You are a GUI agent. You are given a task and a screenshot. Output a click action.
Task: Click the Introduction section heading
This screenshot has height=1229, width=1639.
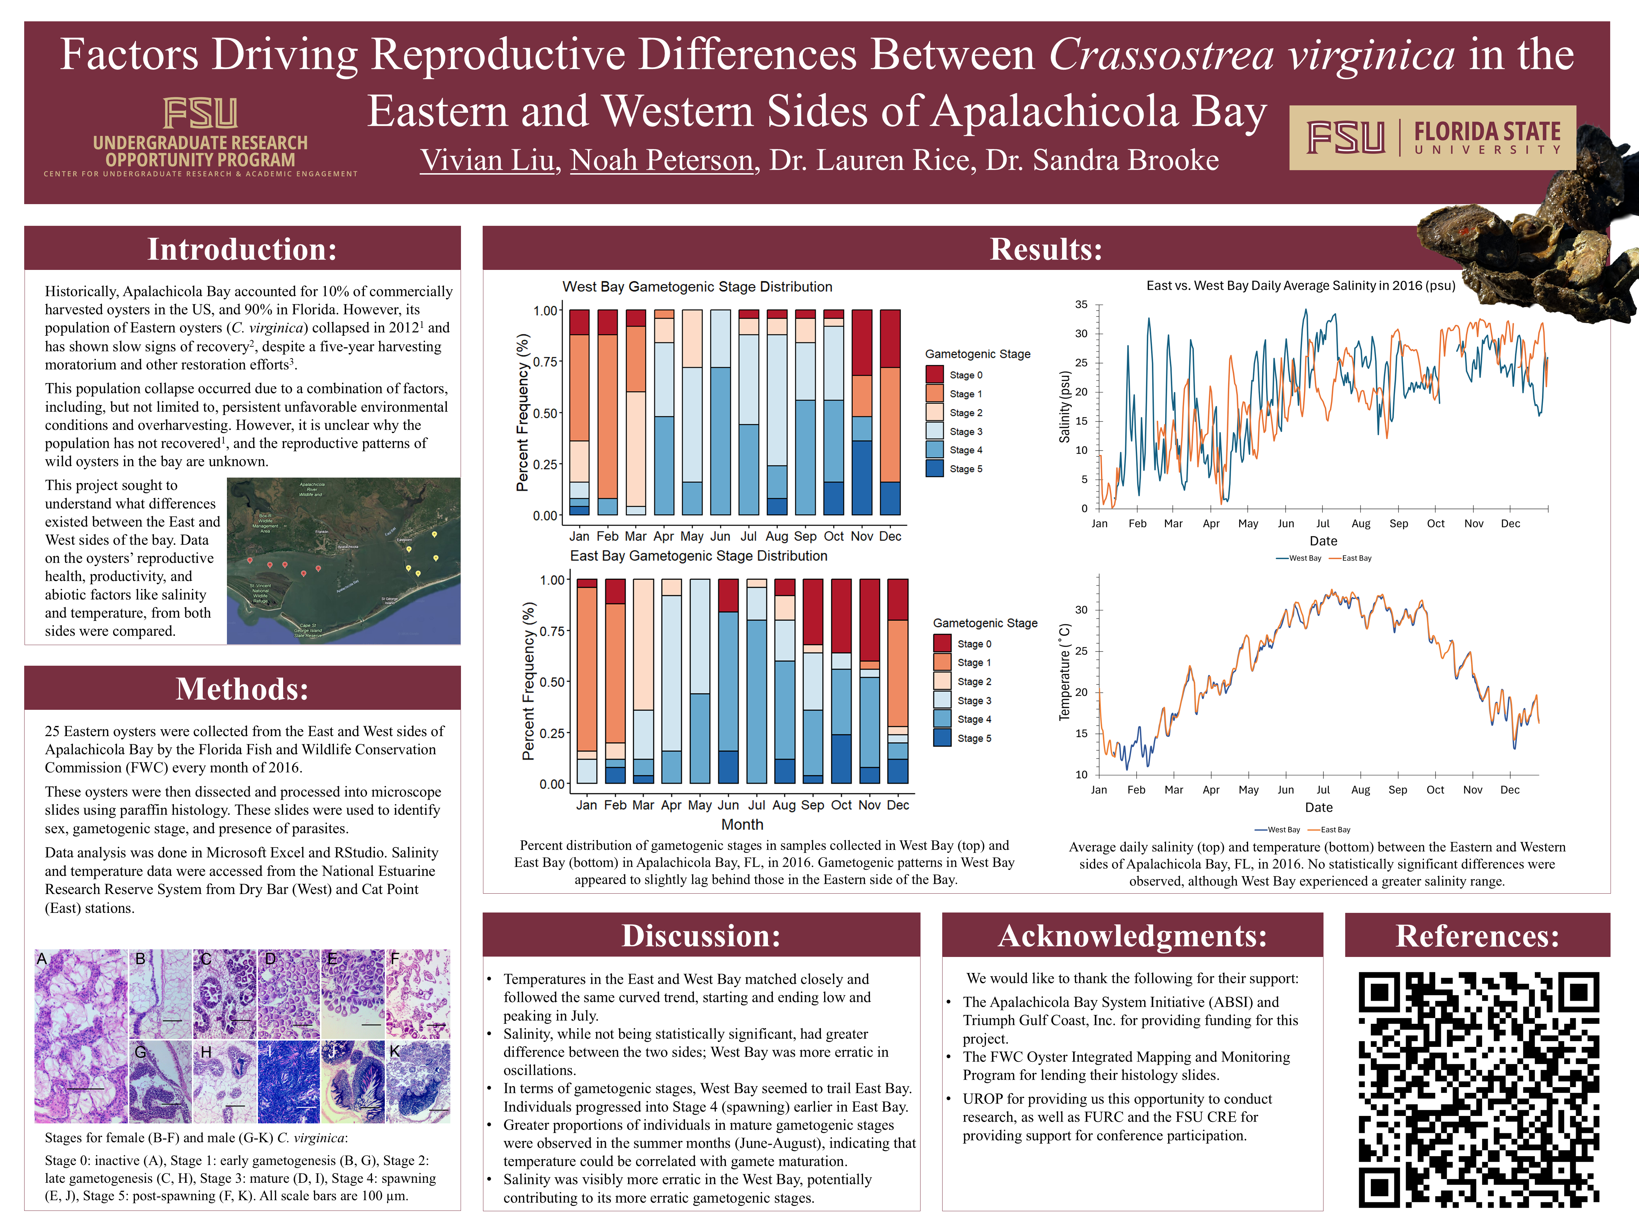pyautogui.click(x=242, y=249)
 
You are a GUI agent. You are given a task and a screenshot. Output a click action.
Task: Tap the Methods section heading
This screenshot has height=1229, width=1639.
pyautogui.click(x=242, y=689)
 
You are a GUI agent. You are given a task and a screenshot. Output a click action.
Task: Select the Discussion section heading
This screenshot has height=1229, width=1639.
pyautogui.click(x=701, y=936)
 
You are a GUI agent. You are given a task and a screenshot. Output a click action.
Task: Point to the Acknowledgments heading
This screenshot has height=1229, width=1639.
pyautogui.click(x=1132, y=936)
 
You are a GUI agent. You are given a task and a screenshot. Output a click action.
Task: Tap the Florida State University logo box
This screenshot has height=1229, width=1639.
pyautogui.click(x=1432, y=138)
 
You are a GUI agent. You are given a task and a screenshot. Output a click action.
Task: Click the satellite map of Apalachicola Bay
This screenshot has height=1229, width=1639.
pyautogui.click(x=343, y=561)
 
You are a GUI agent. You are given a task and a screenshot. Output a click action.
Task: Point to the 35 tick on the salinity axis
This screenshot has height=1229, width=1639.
pyautogui.click(x=1082, y=304)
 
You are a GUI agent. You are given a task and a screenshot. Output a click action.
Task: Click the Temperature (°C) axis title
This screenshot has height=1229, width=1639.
pyautogui.click(x=1065, y=673)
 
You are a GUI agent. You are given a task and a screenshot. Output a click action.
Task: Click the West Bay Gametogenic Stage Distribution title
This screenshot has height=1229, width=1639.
pyautogui.click(x=697, y=287)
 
